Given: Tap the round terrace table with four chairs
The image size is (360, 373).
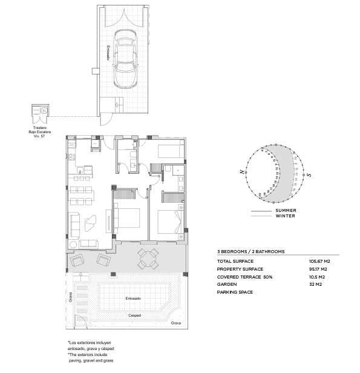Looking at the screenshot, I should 148,259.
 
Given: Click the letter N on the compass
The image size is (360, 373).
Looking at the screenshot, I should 242,172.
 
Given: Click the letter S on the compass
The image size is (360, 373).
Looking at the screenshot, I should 309,175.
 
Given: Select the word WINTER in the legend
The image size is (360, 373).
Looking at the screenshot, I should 284,216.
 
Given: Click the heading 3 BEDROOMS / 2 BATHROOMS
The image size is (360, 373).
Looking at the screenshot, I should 250,251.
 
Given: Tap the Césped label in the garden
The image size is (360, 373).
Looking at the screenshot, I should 135,315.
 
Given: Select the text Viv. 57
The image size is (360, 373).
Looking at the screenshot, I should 40,136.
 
